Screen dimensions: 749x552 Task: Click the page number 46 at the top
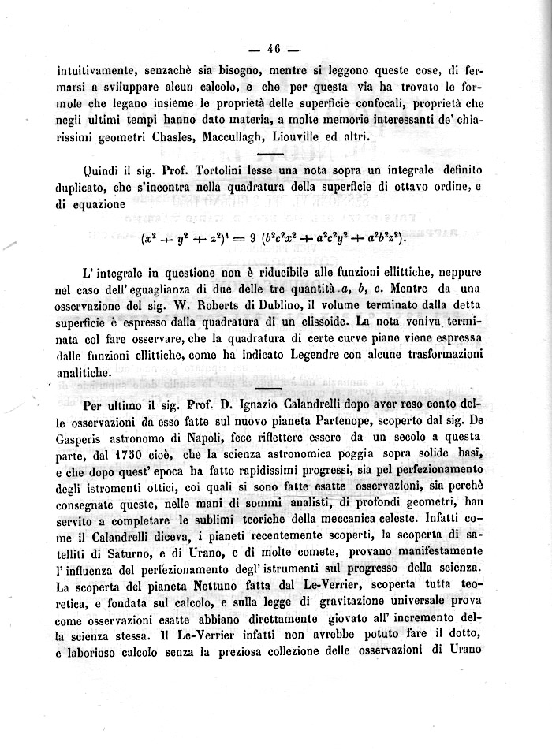(x=274, y=48)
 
